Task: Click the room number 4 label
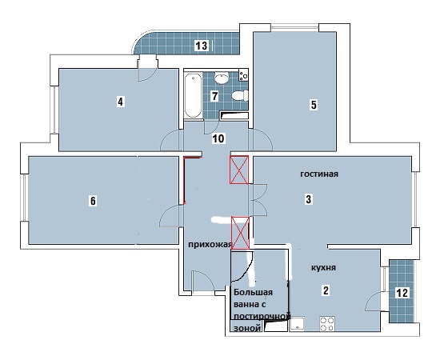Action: (120, 102)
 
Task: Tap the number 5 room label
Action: (314, 105)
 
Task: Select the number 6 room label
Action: (93, 201)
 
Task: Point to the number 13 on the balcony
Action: (202, 45)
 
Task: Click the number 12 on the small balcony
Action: (402, 293)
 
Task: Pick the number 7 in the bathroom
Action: (214, 96)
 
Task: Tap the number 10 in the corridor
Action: (218, 138)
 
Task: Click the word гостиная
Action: (319, 174)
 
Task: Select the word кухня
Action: (323, 268)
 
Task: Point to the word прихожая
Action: (210, 245)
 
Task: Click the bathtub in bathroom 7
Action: (193, 95)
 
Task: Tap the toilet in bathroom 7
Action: (240, 95)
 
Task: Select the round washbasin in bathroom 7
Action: (222, 78)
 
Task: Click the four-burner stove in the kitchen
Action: (327, 324)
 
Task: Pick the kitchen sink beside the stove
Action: (298, 324)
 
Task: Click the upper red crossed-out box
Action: (239, 170)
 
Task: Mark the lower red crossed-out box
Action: (240, 233)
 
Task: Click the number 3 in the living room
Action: (308, 199)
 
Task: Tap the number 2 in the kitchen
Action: (326, 290)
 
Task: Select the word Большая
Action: (253, 292)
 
